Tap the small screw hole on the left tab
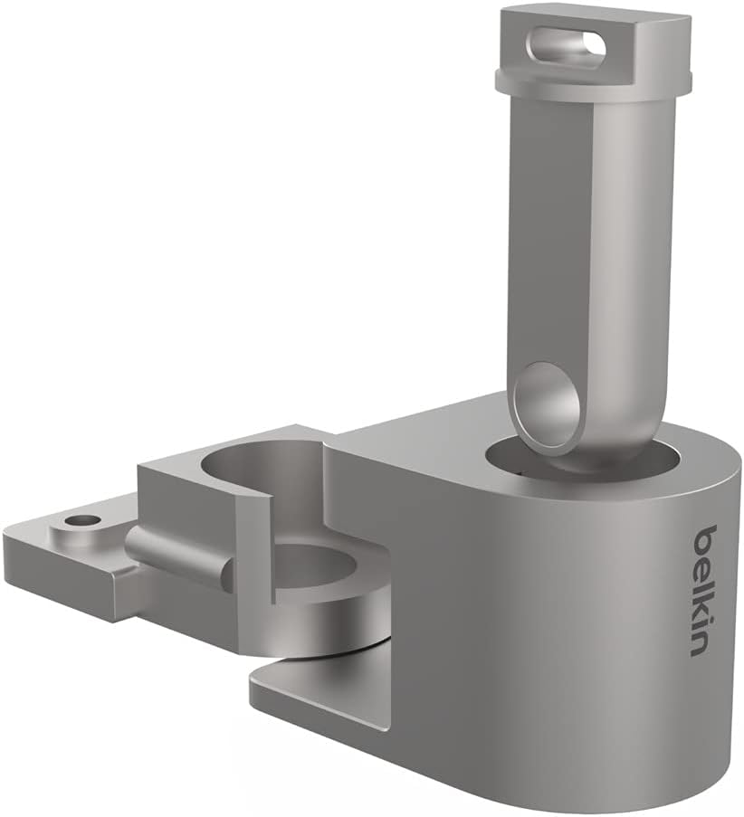pyautogui.click(x=83, y=521)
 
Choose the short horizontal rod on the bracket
pyautogui.click(x=176, y=554)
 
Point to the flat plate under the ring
pyautogui.click(x=317, y=692)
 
